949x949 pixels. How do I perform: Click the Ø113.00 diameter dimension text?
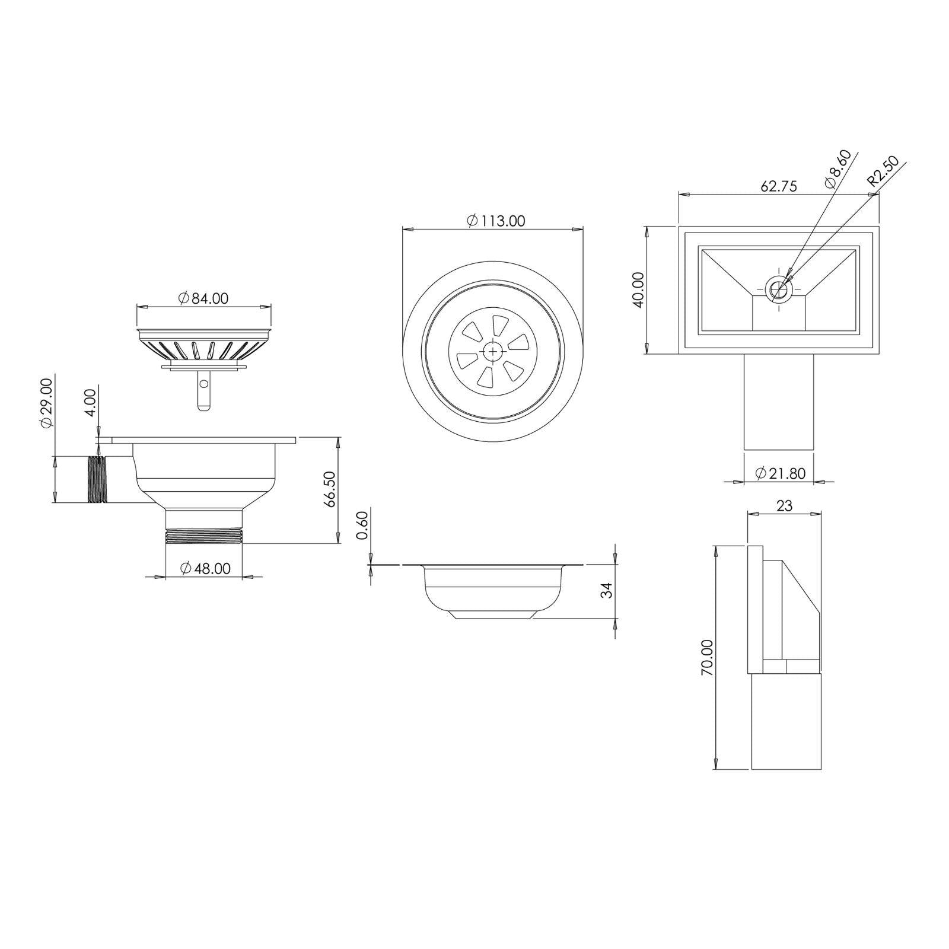click(x=496, y=221)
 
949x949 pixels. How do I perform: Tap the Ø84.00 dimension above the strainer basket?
click(x=202, y=298)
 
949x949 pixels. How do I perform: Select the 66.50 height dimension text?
click(x=330, y=489)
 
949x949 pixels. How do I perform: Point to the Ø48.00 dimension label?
click(x=204, y=568)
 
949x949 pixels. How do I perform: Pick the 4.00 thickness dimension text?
click(x=90, y=403)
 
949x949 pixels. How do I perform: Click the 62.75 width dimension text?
click(x=778, y=186)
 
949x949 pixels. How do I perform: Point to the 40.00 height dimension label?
click(x=638, y=289)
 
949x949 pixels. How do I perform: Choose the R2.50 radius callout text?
click(x=883, y=172)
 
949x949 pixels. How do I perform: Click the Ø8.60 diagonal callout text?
click(x=838, y=169)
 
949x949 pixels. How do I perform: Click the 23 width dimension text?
click(x=784, y=505)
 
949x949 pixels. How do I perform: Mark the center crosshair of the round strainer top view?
click(x=492, y=352)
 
